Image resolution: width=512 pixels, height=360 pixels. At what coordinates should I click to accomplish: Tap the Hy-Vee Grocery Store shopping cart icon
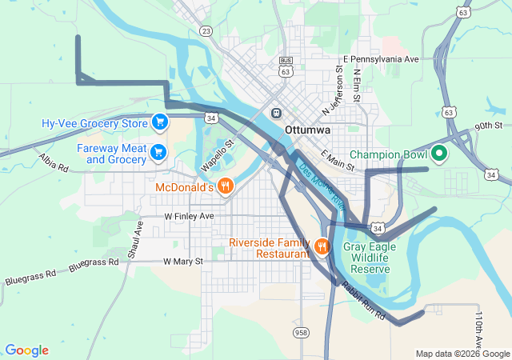(x=160, y=122)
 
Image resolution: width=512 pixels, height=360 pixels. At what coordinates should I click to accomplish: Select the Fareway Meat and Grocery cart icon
(x=158, y=151)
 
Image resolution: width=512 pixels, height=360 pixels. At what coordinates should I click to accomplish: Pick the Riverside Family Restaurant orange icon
(x=322, y=246)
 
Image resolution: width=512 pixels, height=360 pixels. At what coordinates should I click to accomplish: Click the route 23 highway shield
(x=206, y=31)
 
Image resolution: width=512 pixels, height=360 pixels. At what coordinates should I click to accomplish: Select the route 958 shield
(x=301, y=332)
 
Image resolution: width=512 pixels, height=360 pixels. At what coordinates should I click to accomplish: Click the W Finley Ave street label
(x=190, y=217)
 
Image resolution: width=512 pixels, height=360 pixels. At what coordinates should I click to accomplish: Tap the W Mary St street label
(x=183, y=261)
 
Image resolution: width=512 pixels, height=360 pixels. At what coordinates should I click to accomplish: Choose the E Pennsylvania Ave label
(x=381, y=59)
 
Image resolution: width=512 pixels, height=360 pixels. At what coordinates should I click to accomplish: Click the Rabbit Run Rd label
(x=363, y=301)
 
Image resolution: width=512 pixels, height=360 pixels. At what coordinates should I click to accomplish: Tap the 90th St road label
(x=487, y=126)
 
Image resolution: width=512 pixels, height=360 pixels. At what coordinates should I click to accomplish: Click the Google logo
(x=26, y=350)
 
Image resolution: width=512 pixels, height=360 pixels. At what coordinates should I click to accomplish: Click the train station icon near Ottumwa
(x=277, y=113)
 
